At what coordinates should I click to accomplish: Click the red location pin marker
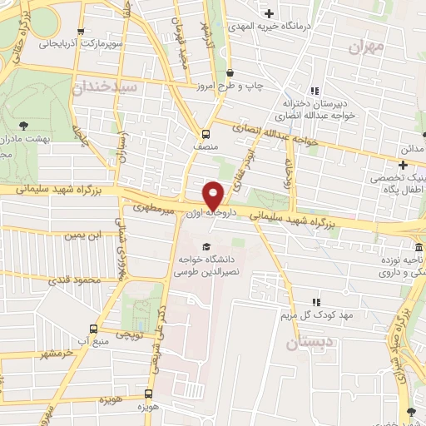coord(213,195)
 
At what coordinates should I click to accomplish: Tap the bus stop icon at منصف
coord(205,134)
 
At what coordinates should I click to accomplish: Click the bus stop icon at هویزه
coord(149,394)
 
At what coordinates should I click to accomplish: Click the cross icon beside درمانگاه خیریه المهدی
coord(269,13)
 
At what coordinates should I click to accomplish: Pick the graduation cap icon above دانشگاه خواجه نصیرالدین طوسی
coord(206,243)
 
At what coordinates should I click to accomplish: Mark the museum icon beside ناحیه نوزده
coord(419,248)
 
